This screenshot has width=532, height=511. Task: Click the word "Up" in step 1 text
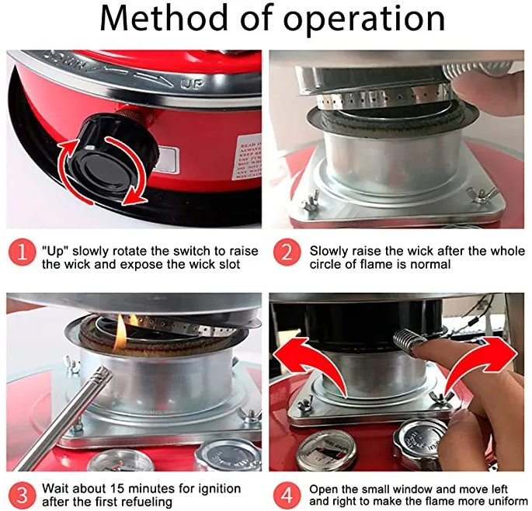(x=55, y=251)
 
